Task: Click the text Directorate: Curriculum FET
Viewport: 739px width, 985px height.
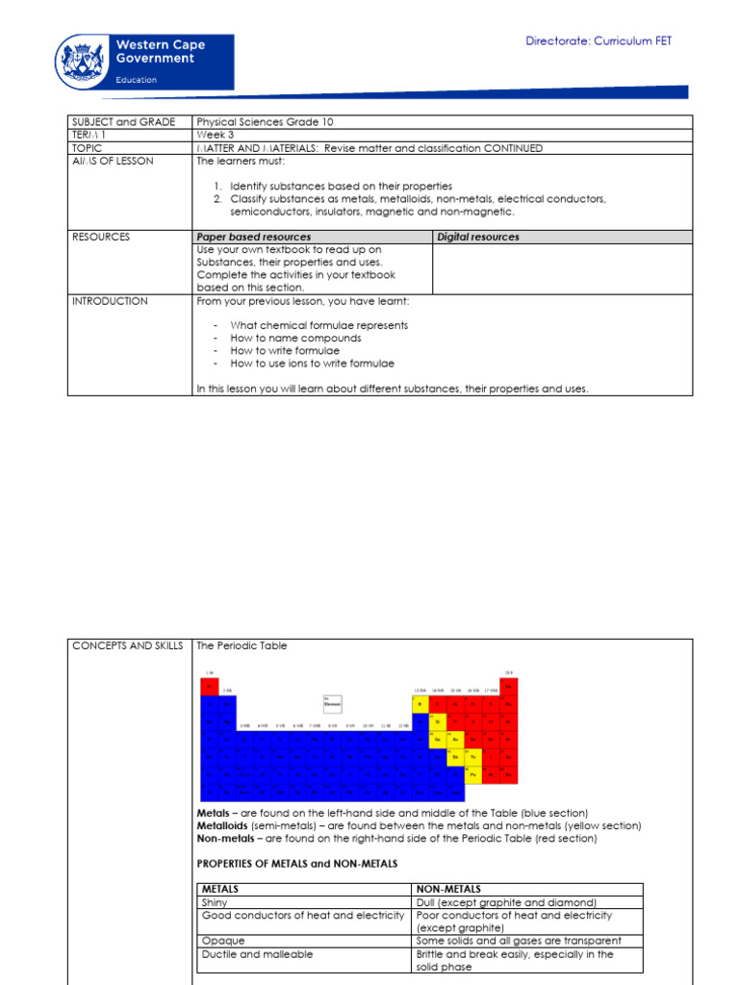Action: (599, 40)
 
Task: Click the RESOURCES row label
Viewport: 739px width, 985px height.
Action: (101, 237)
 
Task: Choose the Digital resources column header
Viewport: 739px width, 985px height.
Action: (478, 237)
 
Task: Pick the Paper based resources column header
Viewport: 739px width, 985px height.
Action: (254, 237)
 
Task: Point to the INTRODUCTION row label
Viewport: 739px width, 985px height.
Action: (110, 301)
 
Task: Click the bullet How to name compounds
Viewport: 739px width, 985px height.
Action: (295, 339)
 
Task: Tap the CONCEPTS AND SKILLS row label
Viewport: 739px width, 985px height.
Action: (127, 645)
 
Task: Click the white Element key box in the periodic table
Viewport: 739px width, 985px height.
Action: (333, 702)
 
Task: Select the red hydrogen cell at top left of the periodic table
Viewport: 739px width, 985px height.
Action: (209, 686)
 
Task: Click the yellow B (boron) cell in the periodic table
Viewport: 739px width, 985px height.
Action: (421, 703)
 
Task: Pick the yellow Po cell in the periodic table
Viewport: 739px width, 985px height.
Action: (472, 771)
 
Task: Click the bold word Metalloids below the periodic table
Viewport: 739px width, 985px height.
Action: (222, 825)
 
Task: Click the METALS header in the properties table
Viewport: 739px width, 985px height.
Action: (220, 890)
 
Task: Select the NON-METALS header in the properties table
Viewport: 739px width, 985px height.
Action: (448, 890)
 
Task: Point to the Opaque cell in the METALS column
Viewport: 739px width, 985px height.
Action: (223, 941)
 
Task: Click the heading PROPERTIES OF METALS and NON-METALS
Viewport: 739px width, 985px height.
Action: (296, 864)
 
